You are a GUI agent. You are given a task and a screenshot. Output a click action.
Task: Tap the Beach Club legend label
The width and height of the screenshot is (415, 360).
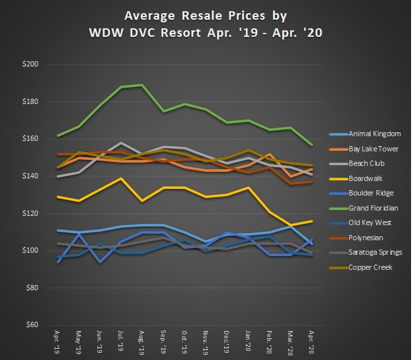click(370, 163)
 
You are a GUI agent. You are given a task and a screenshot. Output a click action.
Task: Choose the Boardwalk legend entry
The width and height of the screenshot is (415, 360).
click(369, 178)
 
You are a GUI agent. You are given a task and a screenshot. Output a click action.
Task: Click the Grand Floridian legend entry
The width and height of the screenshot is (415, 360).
click(378, 207)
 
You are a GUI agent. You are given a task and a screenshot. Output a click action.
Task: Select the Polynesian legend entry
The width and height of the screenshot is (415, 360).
click(370, 237)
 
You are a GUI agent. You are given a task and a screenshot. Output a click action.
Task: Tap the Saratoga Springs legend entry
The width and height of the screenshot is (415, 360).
click(379, 252)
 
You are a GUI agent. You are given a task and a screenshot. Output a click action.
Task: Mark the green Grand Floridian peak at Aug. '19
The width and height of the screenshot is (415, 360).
click(143, 85)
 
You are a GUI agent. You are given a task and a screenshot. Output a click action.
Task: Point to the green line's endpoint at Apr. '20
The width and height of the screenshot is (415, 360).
click(311, 145)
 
